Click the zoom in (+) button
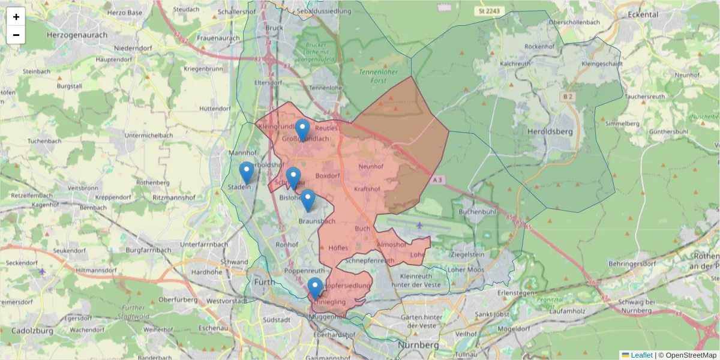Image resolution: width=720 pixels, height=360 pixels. [x=16, y=17]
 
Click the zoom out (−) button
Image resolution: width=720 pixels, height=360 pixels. [x=16, y=35]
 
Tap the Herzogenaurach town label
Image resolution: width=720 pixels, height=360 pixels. [x=77, y=35]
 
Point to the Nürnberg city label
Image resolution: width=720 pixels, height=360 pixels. [x=419, y=346]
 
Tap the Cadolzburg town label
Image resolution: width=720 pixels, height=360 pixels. [x=28, y=331]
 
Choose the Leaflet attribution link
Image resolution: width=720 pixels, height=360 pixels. [x=641, y=355]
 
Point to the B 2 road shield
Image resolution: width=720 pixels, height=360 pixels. [x=568, y=96]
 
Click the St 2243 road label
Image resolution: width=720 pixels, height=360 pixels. [x=488, y=11]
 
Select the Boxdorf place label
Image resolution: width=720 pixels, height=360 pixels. [x=327, y=176]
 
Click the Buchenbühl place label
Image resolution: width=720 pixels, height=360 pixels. [x=477, y=212]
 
